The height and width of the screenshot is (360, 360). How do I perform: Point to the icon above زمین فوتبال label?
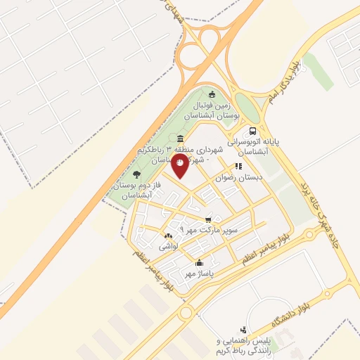tap(212, 94)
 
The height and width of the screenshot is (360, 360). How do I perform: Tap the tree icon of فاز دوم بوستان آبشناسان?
tap(136, 174)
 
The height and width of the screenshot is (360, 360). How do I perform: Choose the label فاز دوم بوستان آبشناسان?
tap(140, 191)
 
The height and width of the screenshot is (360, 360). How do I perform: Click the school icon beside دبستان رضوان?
tap(238, 167)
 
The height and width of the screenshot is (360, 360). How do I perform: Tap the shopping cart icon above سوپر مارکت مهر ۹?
tap(208, 219)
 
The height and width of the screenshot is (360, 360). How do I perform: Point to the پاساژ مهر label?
tap(199, 273)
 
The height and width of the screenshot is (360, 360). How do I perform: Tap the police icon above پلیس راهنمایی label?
tap(243, 329)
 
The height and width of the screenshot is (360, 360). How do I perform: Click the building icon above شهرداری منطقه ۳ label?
tap(181, 139)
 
